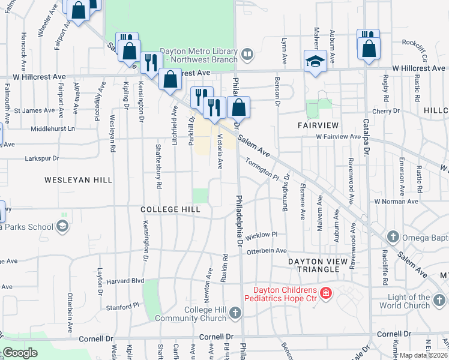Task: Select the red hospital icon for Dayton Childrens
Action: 325,293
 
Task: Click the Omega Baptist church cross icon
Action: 393,235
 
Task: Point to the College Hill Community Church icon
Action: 235,313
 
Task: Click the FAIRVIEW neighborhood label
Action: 318,125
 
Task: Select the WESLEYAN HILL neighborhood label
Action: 69,179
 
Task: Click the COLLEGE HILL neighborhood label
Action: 170,209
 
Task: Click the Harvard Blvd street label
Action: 126,280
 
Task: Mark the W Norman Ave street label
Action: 396,202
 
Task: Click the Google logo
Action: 19,353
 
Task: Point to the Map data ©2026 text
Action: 423,355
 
